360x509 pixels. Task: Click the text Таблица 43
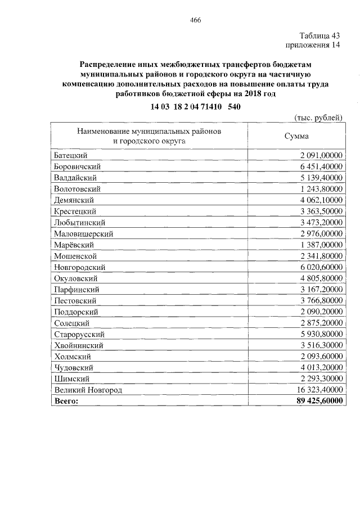(320, 35)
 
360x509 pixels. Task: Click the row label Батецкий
(71, 155)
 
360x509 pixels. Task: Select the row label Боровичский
(78, 166)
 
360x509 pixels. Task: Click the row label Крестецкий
(75, 211)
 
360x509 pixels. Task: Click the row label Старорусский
(78, 334)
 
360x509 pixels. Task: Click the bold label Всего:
(67, 401)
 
